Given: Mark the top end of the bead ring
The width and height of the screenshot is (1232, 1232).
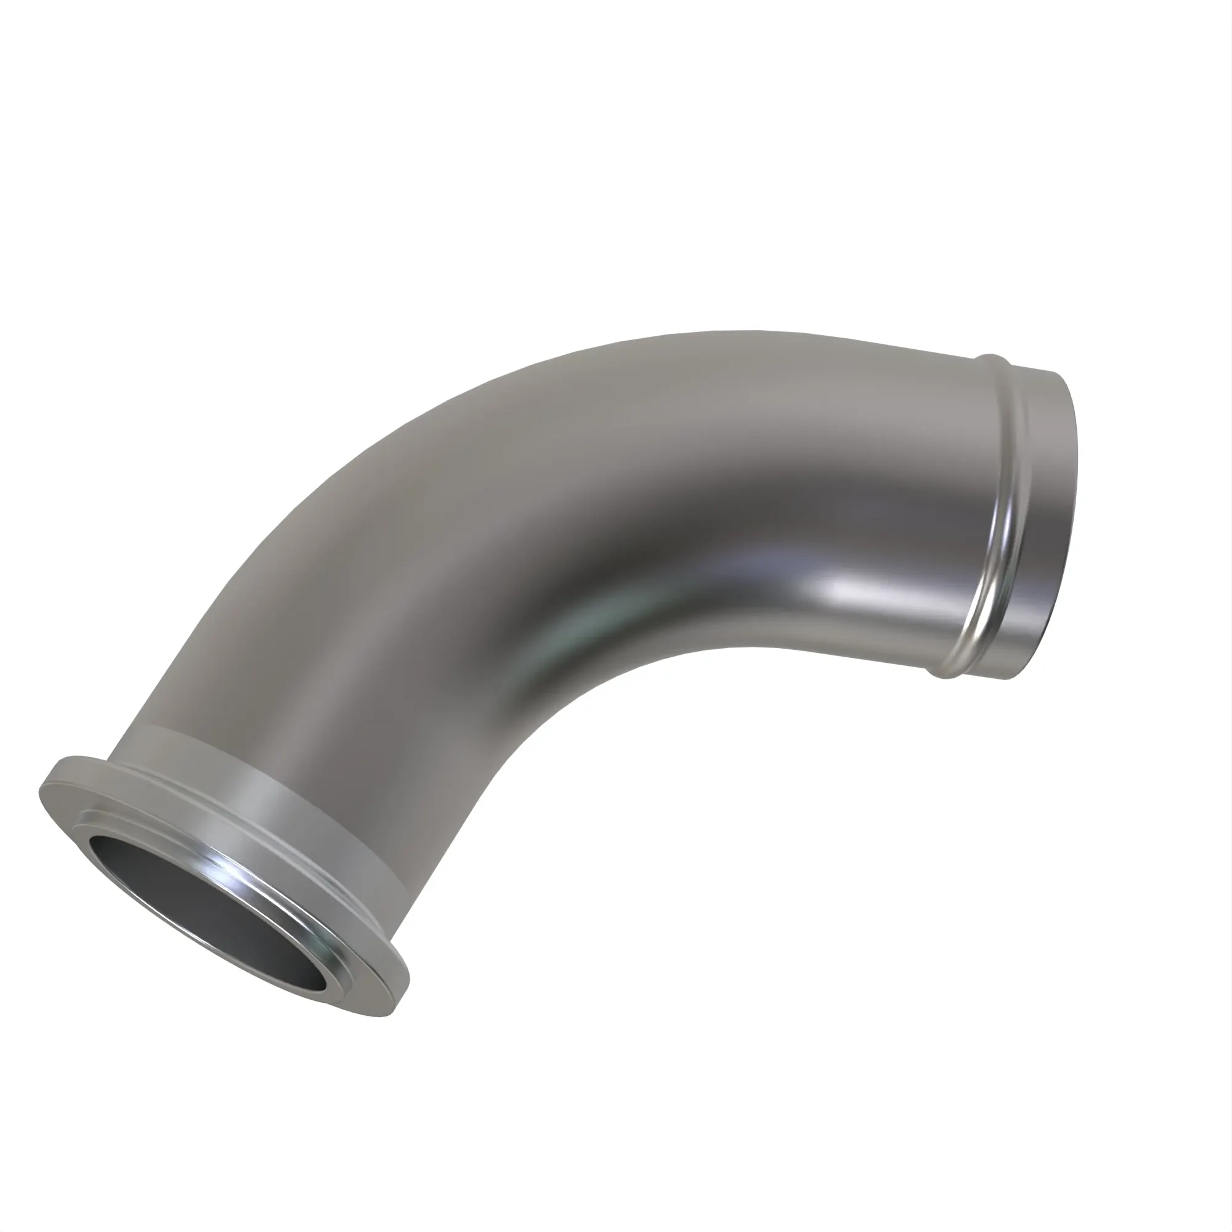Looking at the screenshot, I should tap(992, 360).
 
